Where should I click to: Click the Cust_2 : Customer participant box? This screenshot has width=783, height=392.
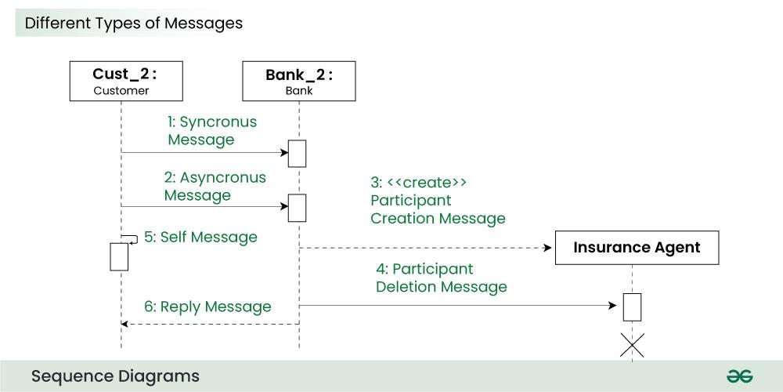(x=121, y=82)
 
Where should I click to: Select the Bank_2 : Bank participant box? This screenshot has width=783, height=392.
(x=298, y=82)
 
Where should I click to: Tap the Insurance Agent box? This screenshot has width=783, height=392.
(x=636, y=248)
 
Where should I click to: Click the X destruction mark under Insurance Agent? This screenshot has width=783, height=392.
(x=632, y=345)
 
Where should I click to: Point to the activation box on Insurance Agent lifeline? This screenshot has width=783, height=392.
(x=632, y=307)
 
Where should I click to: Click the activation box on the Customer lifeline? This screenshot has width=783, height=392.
(x=118, y=256)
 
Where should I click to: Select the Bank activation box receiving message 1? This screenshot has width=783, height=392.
(x=298, y=153)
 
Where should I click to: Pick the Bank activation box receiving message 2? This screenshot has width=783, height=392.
(x=298, y=208)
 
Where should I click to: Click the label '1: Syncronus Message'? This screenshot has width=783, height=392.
(x=211, y=131)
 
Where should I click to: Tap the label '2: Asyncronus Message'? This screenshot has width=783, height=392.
(x=215, y=187)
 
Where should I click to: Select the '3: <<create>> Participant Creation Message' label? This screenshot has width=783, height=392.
(x=437, y=200)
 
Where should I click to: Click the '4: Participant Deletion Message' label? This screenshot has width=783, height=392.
(x=441, y=278)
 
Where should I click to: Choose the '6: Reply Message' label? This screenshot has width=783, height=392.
(x=207, y=307)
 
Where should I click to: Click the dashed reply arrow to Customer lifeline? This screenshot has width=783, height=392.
(x=210, y=323)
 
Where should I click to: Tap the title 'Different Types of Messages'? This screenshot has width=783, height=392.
(x=133, y=23)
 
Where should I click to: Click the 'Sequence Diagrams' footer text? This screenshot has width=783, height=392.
(x=115, y=376)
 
